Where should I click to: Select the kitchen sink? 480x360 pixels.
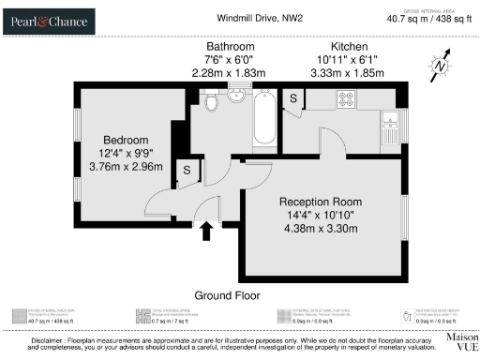390,119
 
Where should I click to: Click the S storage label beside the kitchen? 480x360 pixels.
293,98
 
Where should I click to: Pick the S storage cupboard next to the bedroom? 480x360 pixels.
187,170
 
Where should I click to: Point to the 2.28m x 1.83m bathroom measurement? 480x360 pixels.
231,72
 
